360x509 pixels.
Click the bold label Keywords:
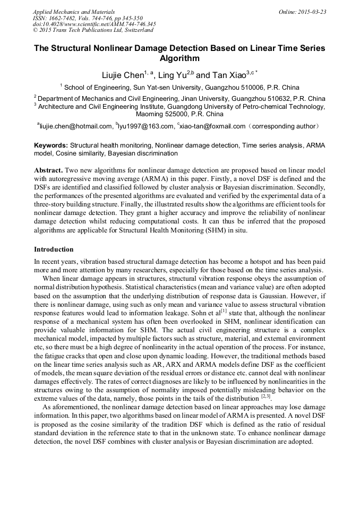pos(51,145)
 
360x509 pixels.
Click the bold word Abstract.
pos(48,171)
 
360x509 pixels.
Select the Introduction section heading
pos(54,249)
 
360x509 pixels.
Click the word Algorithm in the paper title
pos(179,58)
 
